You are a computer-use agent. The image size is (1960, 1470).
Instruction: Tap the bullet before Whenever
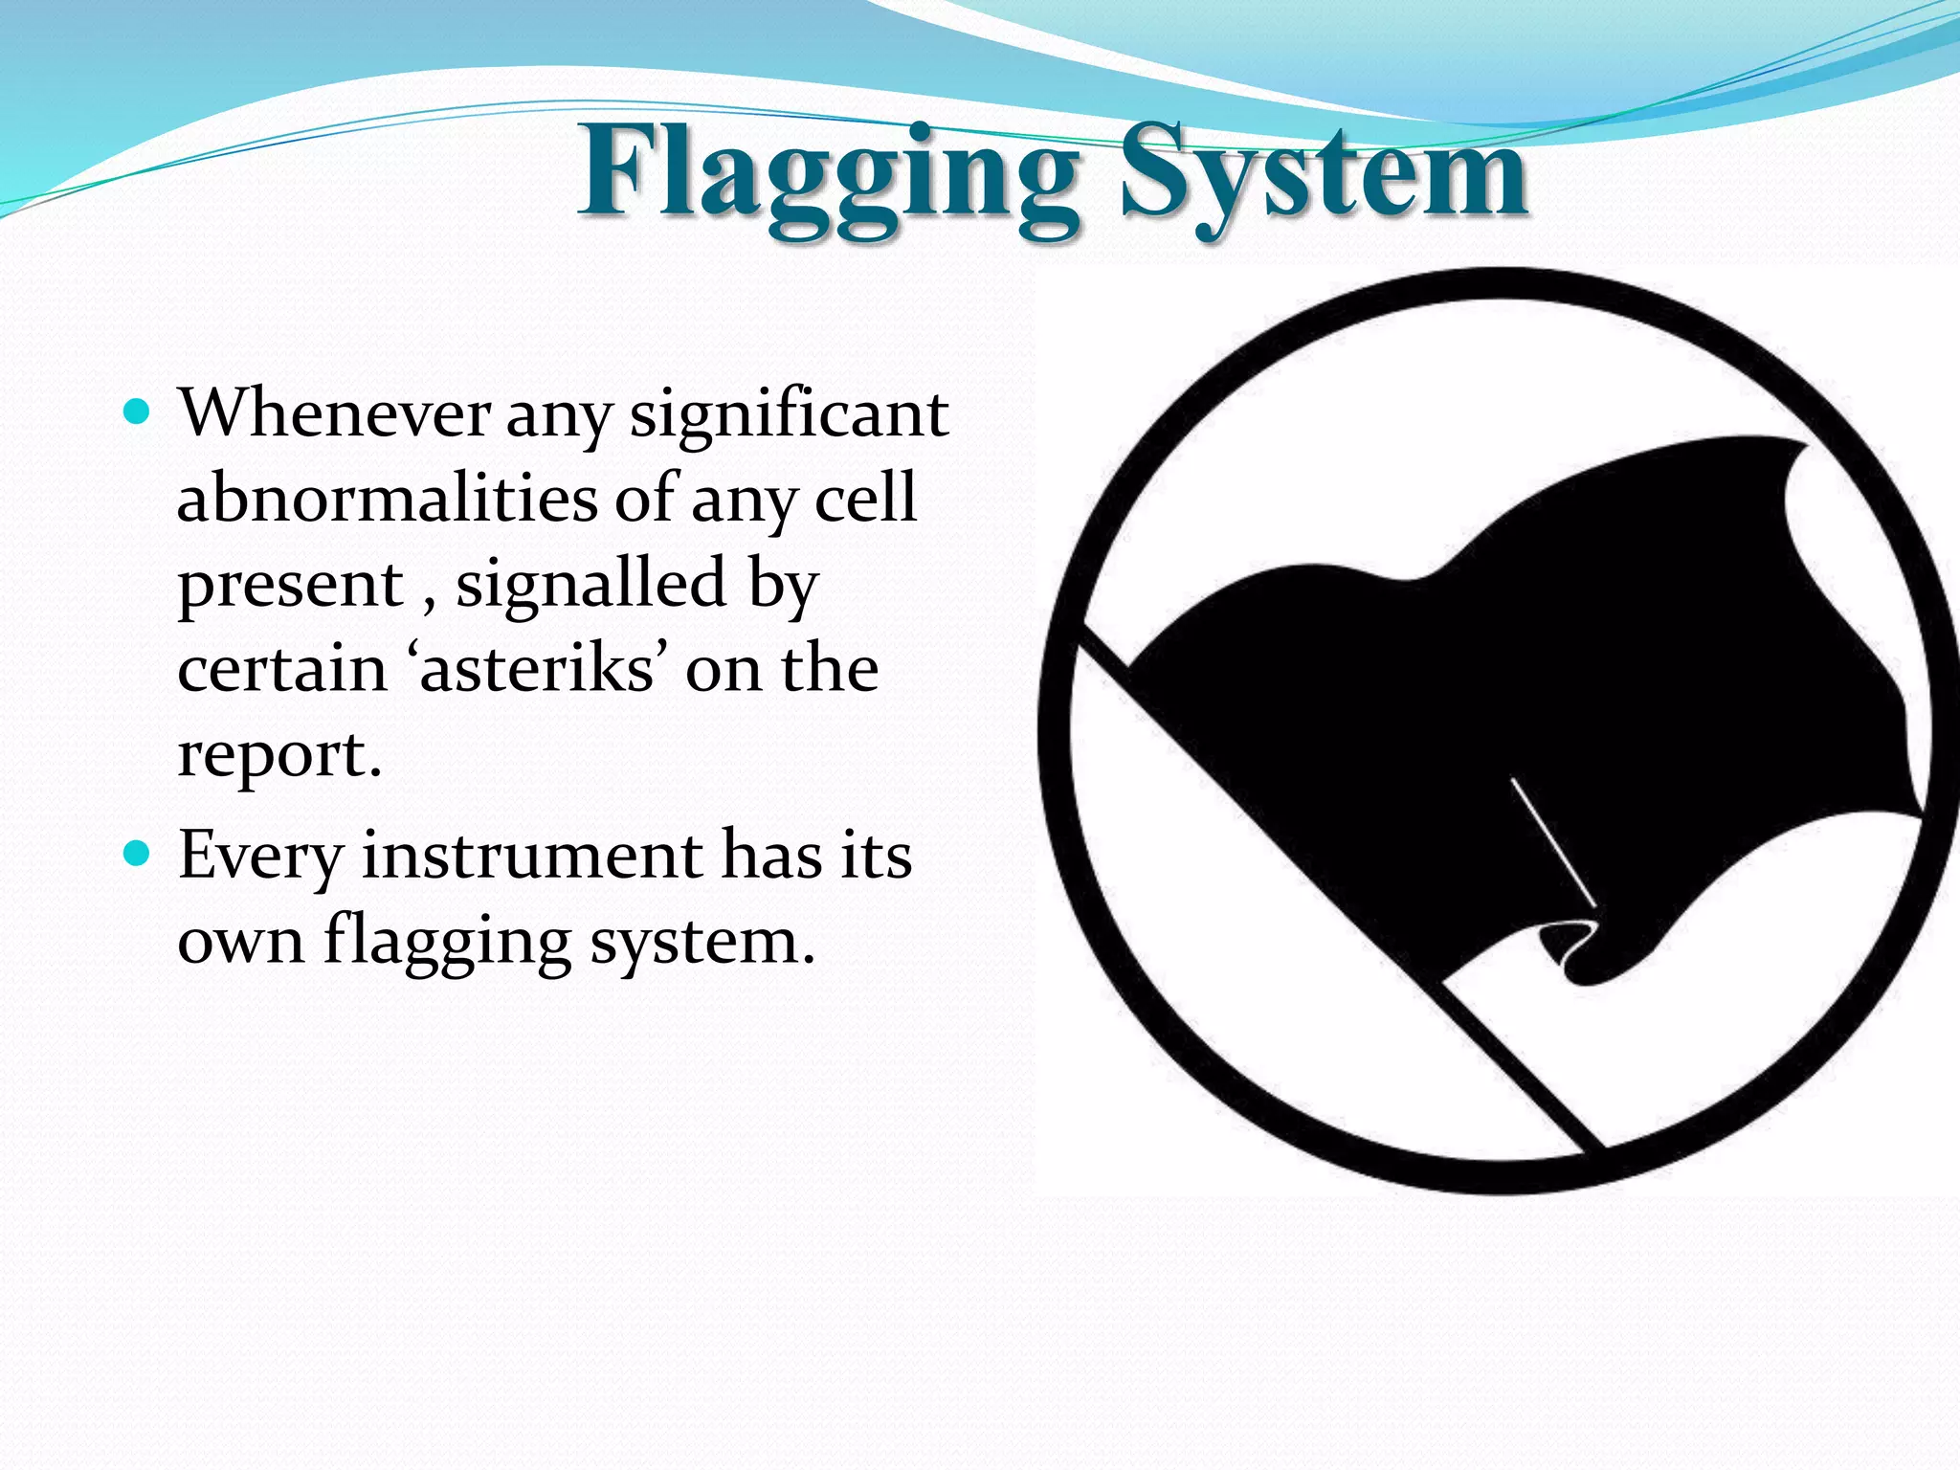(138, 412)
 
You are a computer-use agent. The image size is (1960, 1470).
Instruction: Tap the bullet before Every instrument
(138, 853)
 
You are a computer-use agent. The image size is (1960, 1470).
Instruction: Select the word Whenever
(335, 414)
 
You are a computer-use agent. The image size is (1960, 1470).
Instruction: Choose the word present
(291, 587)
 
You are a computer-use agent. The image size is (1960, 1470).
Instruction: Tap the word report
(278, 756)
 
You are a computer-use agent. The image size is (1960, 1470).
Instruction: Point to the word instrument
(532, 855)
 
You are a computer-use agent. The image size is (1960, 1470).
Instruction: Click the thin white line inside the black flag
(1552, 841)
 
